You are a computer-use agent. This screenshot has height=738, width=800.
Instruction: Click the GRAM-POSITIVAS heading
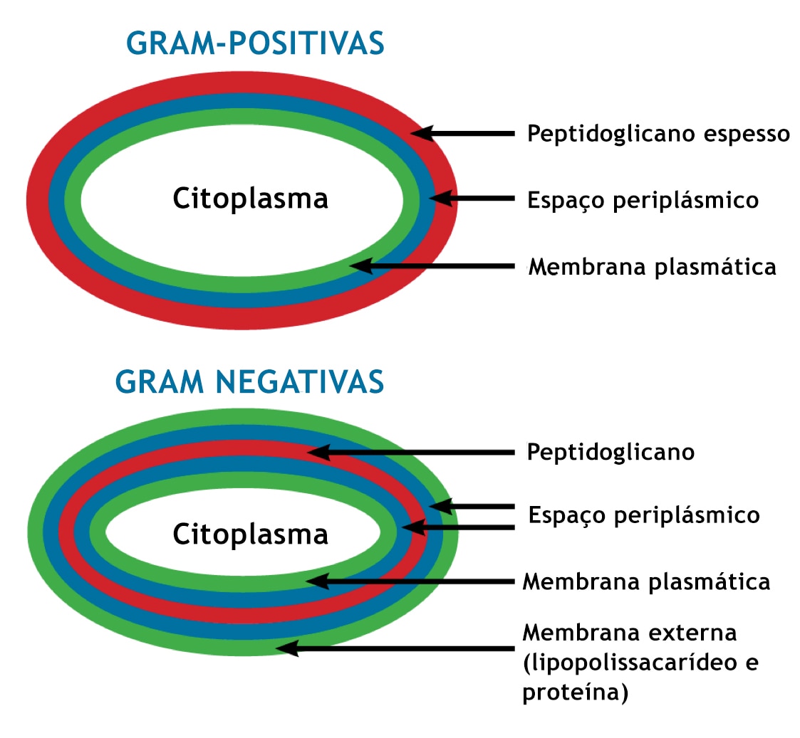[x=255, y=43]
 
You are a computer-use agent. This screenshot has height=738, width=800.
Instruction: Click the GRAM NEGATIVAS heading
[x=249, y=381]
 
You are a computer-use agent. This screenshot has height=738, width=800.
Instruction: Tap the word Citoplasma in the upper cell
[x=250, y=199]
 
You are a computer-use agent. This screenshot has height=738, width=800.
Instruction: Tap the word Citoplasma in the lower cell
[x=250, y=534]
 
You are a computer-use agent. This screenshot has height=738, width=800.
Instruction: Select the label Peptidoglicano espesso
[x=658, y=134]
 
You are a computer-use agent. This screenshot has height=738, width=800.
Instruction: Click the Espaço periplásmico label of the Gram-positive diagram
[x=643, y=200]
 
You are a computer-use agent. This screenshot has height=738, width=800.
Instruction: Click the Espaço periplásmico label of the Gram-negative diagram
[x=644, y=515]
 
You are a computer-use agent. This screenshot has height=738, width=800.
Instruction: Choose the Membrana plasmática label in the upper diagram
[x=652, y=267]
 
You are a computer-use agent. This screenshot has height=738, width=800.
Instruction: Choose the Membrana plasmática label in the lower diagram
[x=646, y=581]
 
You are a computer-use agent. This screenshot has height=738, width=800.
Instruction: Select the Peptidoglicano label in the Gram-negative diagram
[x=611, y=453]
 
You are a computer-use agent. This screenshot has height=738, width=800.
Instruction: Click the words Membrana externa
[x=630, y=633]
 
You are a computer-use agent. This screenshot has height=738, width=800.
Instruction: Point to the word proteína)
[x=576, y=692]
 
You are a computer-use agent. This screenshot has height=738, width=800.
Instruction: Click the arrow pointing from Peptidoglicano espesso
[x=463, y=134]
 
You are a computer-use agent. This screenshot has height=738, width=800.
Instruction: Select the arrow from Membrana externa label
[x=395, y=648]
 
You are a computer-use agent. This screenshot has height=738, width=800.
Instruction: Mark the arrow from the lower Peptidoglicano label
[x=411, y=452]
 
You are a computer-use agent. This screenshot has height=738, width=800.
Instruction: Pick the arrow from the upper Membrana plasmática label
[x=432, y=266]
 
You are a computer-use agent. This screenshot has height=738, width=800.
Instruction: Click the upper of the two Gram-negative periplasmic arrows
[x=472, y=507]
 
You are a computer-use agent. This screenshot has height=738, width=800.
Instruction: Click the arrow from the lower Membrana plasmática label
[x=411, y=581]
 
